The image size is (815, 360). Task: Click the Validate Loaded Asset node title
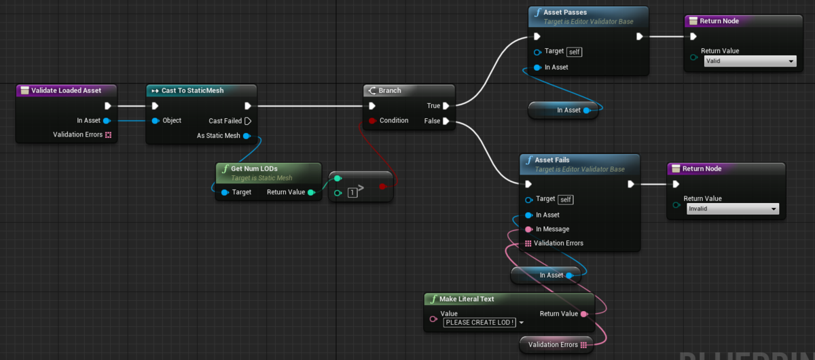[x=66, y=90]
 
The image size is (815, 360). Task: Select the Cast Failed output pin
[x=248, y=121]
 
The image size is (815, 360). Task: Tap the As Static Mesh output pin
[x=247, y=136]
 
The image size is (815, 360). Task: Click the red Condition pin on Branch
[x=372, y=120]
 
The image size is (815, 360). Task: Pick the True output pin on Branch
[x=446, y=106]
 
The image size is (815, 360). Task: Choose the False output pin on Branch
[x=446, y=121]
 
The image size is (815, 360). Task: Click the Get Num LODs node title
[x=254, y=168]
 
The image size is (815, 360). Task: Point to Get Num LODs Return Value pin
[x=311, y=192]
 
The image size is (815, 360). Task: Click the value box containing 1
[x=352, y=192]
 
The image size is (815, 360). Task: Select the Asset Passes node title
[x=564, y=12]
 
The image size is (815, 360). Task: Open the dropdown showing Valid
[x=750, y=61]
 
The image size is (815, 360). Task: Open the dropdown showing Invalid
[x=732, y=209]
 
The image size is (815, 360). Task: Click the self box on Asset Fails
[x=565, y=200]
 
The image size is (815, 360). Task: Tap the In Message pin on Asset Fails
[x=528, y=229]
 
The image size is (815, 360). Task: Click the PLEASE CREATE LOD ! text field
[x=479, y=323]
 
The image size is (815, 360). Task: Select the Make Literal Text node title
[x=467, y=299]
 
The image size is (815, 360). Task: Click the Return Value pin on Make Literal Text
[x=584, y=314]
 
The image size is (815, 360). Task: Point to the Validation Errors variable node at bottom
[x=557, y=344]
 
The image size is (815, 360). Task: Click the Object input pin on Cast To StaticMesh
[x=156, y=120]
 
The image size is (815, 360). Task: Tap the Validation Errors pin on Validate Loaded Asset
[x=108, y=134]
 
